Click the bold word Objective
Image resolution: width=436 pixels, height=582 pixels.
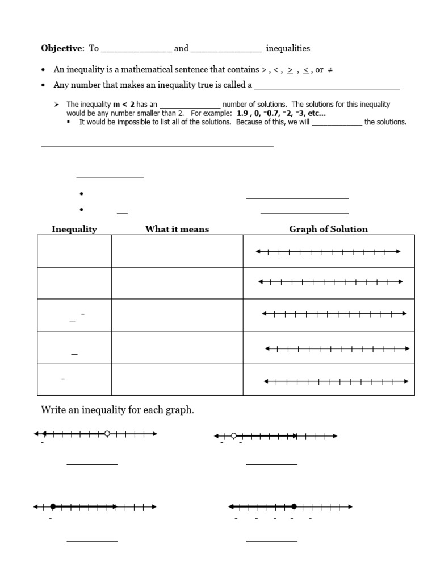tap(62, 49)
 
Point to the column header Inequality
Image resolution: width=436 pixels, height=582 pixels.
tap(74, 229)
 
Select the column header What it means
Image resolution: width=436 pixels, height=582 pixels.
tap(177, 229)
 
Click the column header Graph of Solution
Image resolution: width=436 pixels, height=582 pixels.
tap(328, 229)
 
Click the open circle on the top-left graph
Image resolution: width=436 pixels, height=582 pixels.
tap(107, 434)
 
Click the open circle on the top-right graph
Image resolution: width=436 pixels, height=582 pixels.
tap(234, 436)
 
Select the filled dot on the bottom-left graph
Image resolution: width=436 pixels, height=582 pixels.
tap(53, 506)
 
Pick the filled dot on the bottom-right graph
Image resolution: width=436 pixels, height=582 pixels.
tap(294, 506)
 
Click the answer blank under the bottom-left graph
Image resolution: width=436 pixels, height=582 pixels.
tap(92, 540)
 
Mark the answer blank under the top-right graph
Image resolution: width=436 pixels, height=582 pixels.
tap(271, 464)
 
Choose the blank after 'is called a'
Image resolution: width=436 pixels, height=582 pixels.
tap(327, 88)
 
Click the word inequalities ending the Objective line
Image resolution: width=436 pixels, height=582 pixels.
tap(288, 49)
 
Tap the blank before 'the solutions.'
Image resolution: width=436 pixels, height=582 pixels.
tap(337, 124)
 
